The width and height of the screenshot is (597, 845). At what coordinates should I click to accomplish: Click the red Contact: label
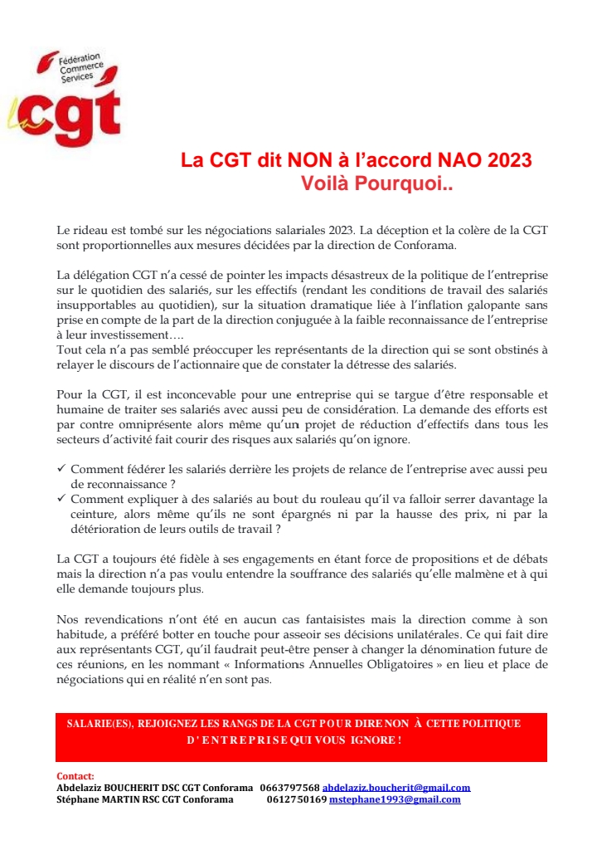pyautogui.click(x=75, y=776)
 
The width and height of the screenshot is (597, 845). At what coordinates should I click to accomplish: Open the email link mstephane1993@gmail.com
pyautogui.click(x=395, y=799)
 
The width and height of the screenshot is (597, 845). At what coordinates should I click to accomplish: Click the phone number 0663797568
pyautogui.click(x=289, y=787)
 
